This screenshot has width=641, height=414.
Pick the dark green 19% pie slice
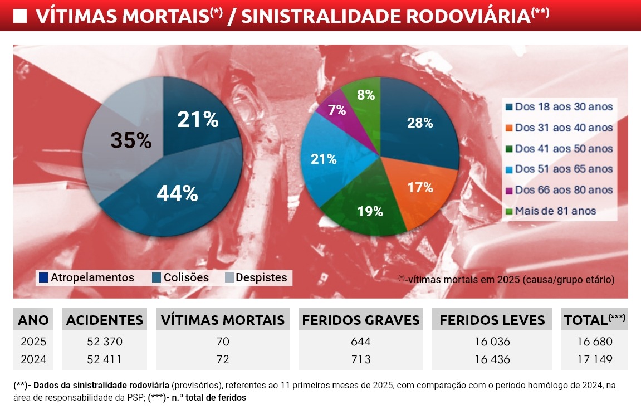(370, 211)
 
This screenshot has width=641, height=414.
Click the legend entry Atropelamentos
(86, 277)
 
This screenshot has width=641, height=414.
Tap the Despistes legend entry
(256, 277)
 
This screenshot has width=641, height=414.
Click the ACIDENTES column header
(105, 320)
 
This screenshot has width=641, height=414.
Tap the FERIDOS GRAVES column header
(361, 320)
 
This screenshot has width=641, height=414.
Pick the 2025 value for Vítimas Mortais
(223, 342)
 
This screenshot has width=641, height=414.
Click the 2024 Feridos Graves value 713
(361, 359)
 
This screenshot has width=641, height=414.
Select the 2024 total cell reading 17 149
(594, 359)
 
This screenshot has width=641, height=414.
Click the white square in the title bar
(20, 17)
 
